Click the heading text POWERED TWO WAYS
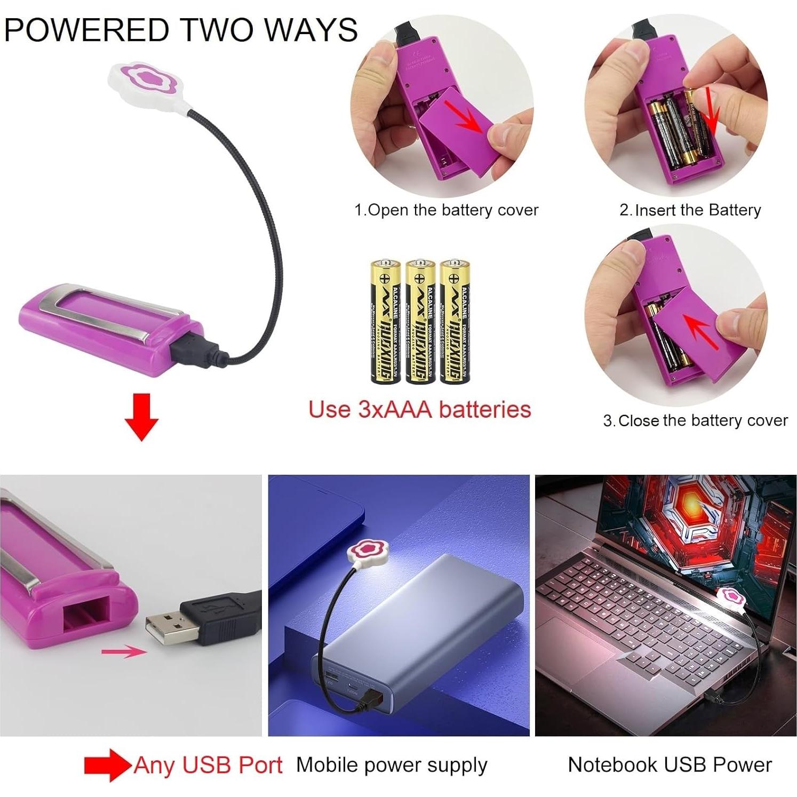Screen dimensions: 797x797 [180, 30]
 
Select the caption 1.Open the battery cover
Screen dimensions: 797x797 [446, 210]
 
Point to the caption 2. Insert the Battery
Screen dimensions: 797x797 [690, 210]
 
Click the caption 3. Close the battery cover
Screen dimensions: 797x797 [695, 421]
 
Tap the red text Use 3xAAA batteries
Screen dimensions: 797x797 [419, 410]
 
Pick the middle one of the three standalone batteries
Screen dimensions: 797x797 [419, 322]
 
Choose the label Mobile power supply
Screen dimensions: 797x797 [392, 765]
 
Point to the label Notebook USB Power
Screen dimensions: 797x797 [670, 765]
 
